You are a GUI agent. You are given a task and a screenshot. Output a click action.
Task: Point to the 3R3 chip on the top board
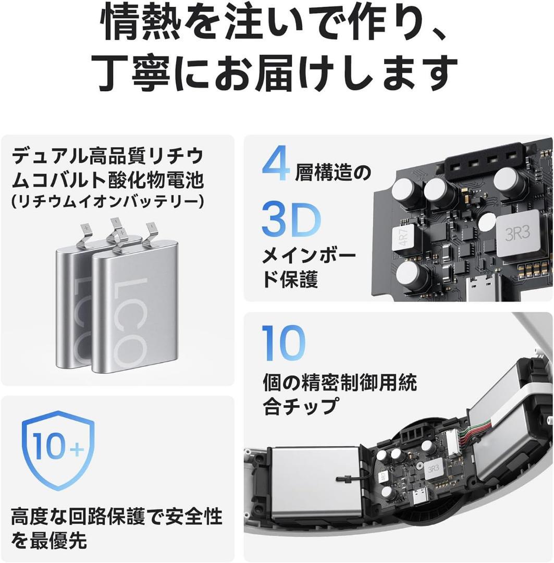[515, 235]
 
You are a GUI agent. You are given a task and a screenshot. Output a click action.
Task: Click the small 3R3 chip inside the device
[432, 468]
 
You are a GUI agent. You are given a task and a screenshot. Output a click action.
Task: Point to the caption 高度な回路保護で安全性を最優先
[116, 528]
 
